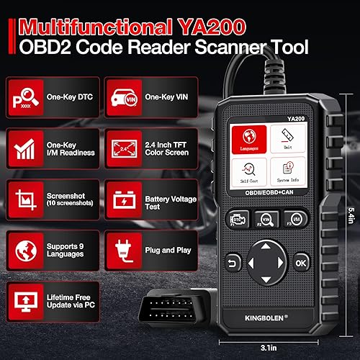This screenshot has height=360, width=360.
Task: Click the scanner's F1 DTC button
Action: [x=238, y=218]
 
